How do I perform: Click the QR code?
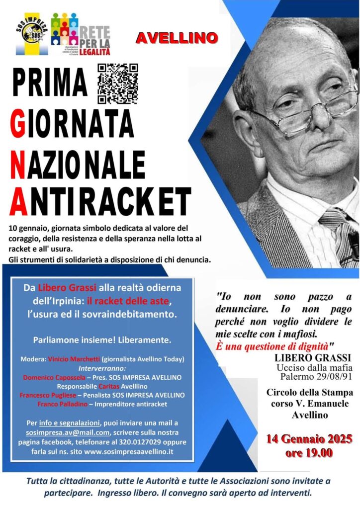(117, 83)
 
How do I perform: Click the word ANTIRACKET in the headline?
(99, 202)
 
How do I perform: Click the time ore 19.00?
(309, 453)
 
